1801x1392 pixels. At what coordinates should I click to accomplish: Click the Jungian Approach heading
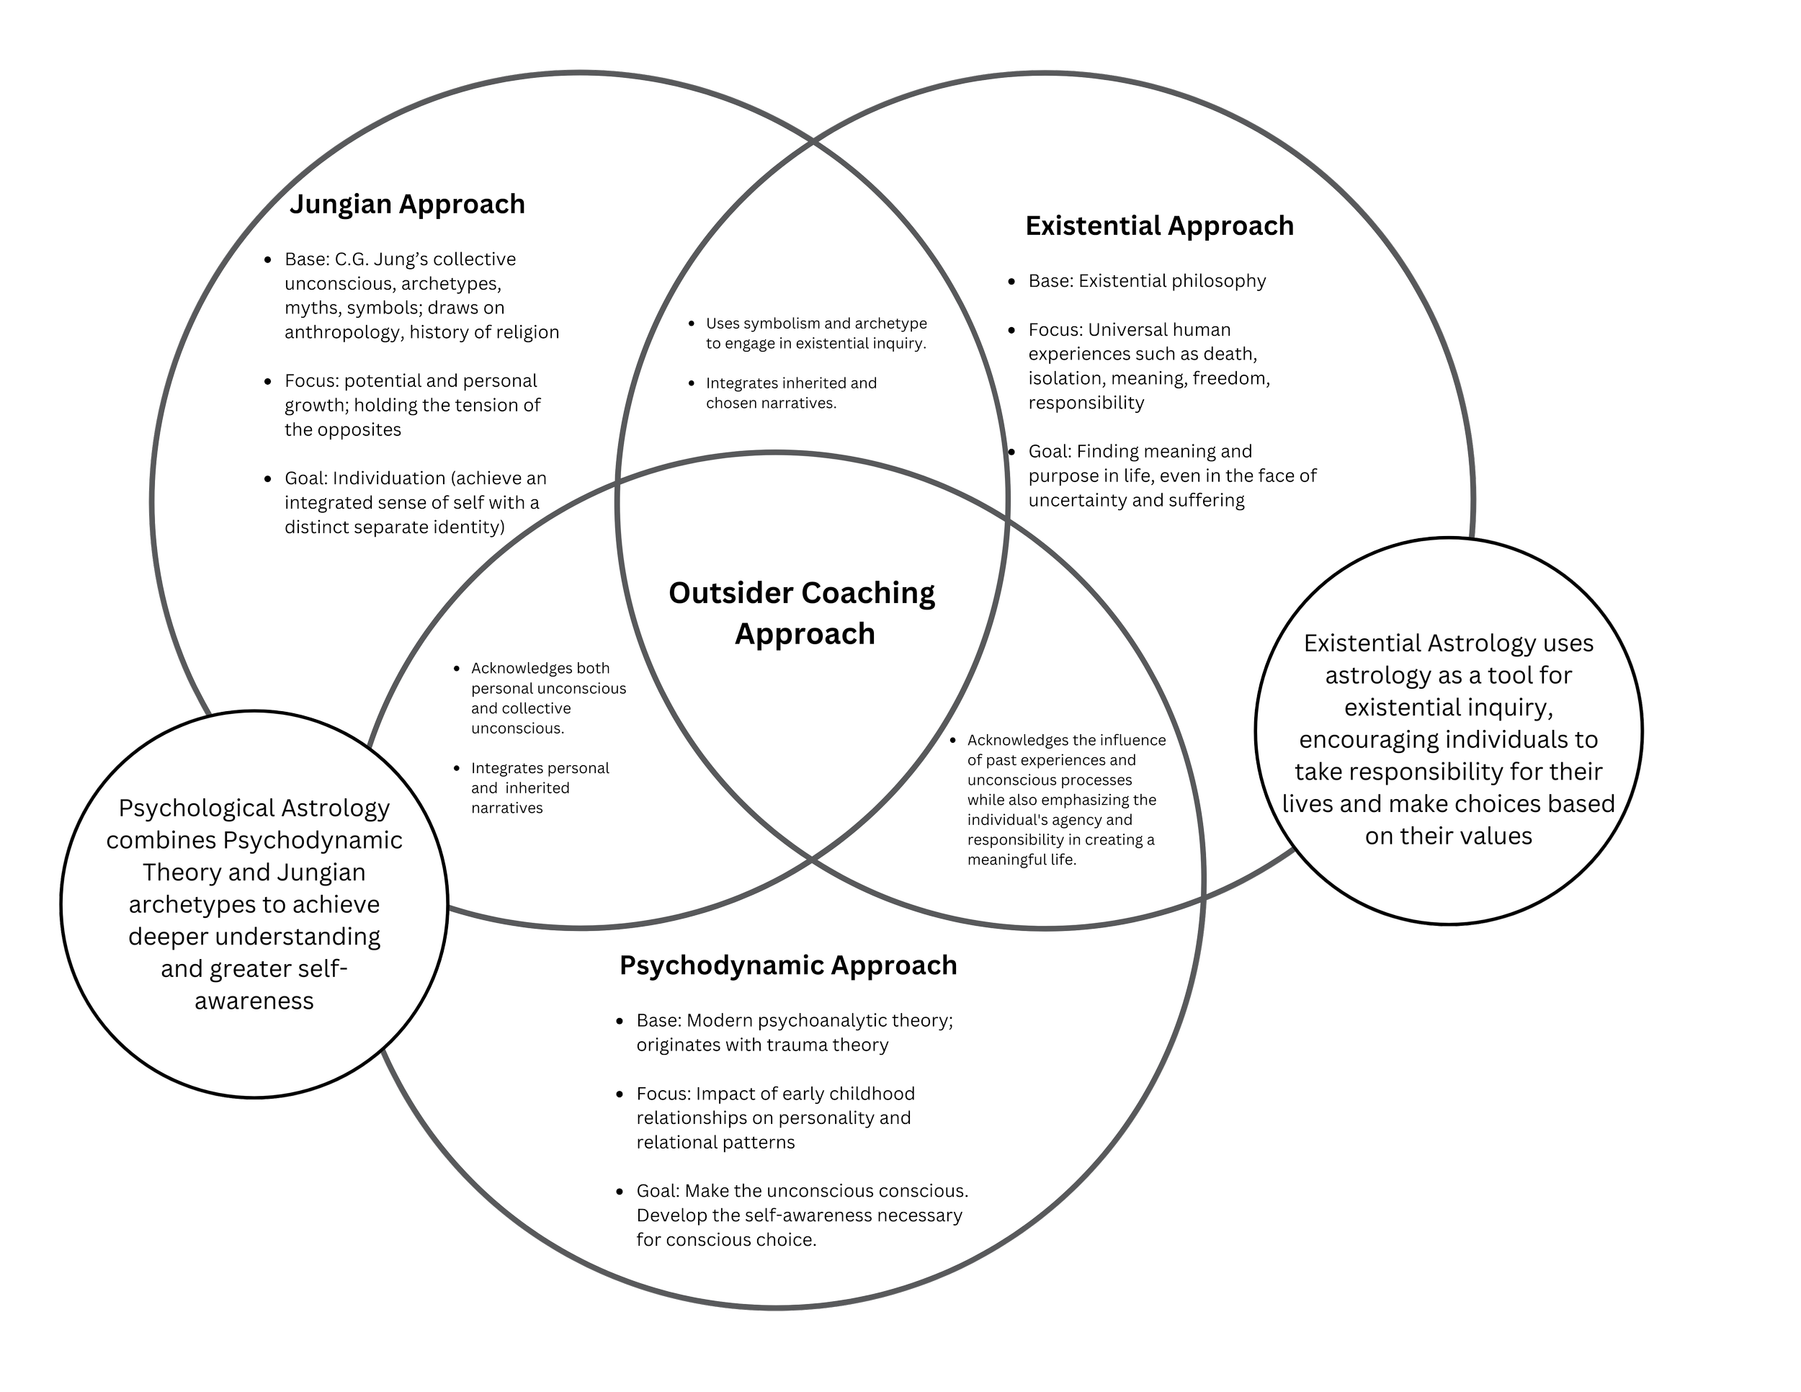point(406,204)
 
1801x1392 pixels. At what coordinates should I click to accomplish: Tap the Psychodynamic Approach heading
point(787,965)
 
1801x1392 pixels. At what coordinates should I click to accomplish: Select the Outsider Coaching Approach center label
point(803,612)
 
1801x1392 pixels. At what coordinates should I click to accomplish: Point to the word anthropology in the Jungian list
point(342,332)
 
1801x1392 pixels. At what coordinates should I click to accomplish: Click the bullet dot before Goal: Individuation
point(267,479)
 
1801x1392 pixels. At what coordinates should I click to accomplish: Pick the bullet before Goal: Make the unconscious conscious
point(620,1192)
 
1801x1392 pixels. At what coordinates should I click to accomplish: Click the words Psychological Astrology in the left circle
point(254,808)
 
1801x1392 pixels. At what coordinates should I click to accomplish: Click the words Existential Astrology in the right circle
point(1419,643)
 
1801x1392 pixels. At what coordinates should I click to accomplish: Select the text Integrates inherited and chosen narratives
point(790,393)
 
